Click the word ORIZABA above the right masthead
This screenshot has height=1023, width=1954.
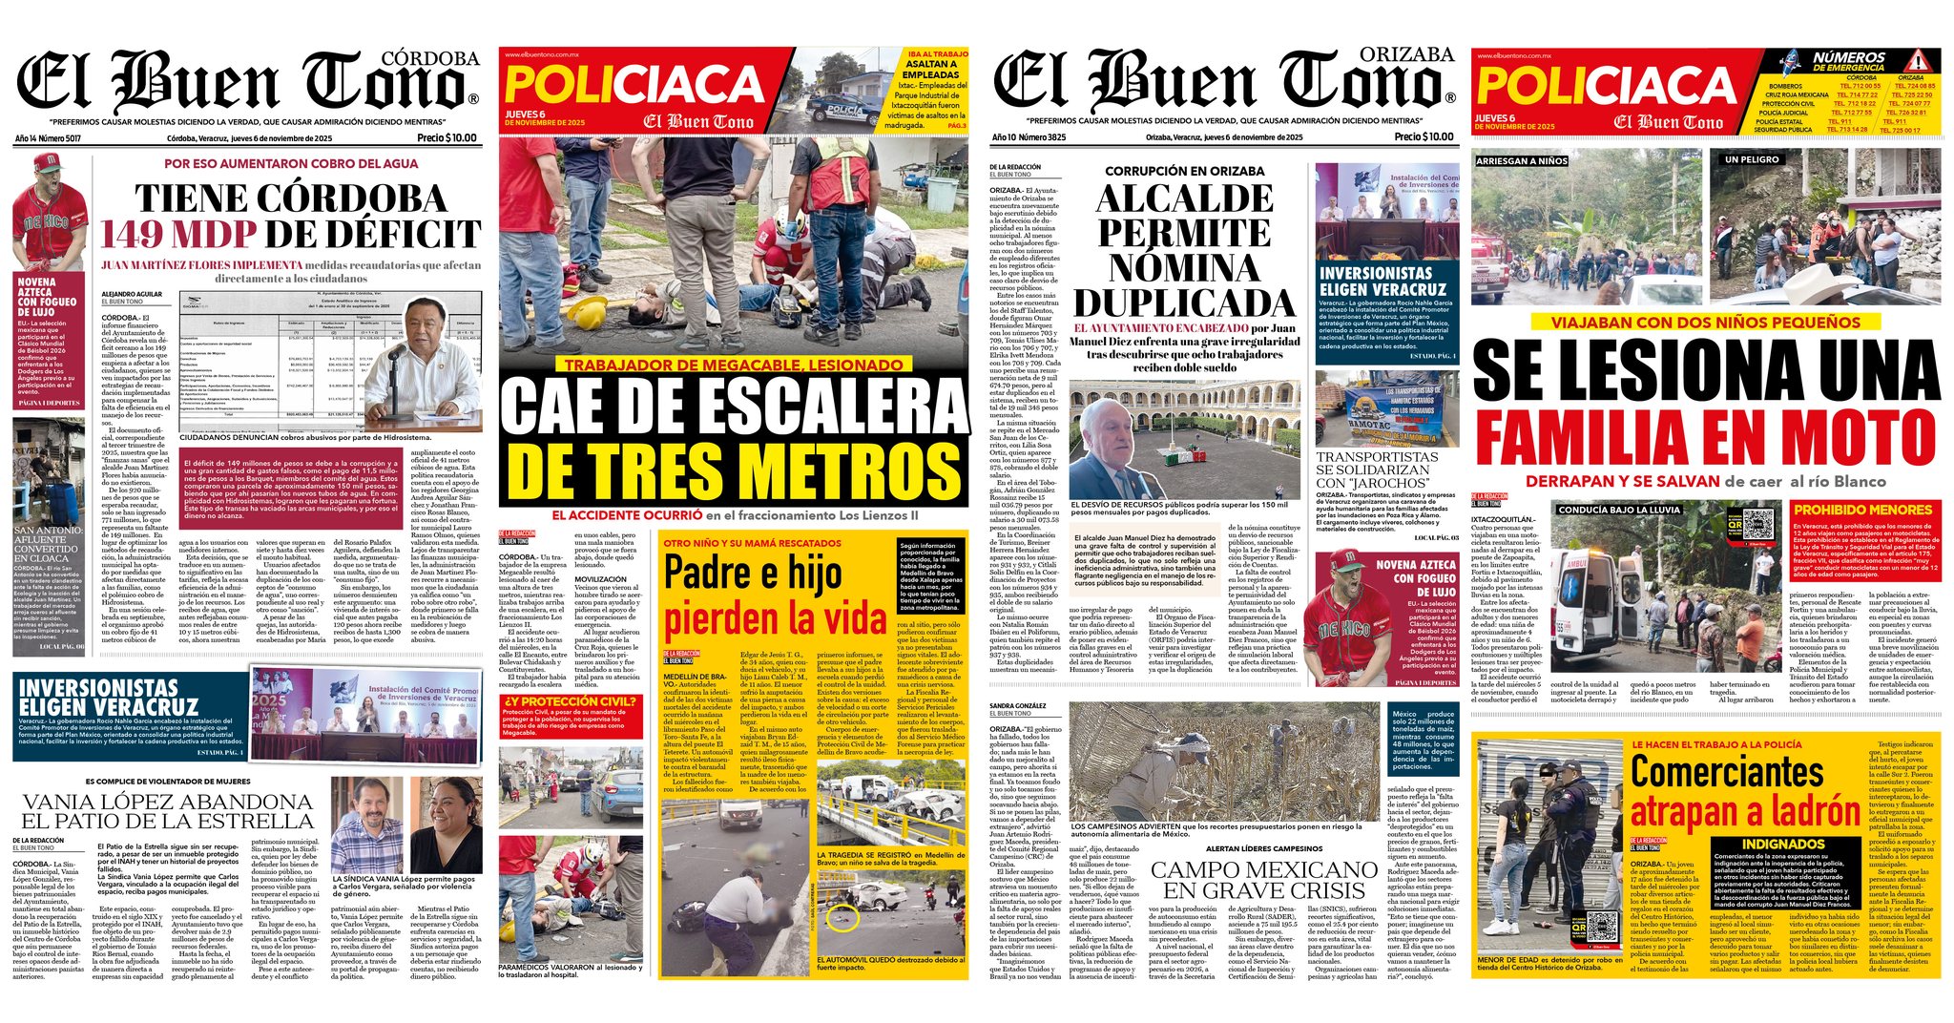point(1406,55)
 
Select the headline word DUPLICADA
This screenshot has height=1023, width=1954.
point(1184,303)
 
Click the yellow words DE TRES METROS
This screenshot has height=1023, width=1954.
point(733,470)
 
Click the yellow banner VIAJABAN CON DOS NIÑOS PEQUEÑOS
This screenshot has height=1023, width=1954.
point(1705,323)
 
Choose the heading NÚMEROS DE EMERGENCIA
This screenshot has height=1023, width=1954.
point(1849,62)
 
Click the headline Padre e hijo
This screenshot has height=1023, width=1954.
point(753,574)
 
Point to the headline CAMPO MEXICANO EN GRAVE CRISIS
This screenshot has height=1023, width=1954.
point(1263,880)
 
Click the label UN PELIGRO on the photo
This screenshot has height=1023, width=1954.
point(1751,159)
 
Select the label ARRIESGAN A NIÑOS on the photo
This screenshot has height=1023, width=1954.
point(1521,161)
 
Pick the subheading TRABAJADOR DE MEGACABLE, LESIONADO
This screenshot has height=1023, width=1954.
point(733,365)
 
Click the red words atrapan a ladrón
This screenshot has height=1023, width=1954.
point(1744,812)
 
